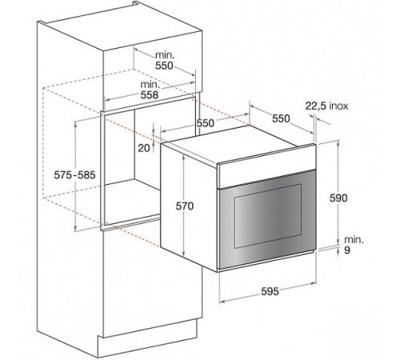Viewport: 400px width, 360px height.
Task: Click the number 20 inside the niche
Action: pos(142,147)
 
